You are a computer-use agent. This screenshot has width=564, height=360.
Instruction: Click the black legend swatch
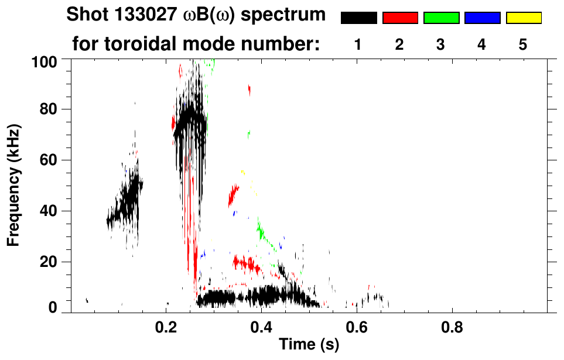click(358, 18)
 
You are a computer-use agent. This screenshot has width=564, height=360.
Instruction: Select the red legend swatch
click(400, 18)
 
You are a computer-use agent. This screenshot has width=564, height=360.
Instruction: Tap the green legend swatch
click(441, 18)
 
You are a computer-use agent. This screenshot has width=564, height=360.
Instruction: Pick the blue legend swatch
click(482, 18)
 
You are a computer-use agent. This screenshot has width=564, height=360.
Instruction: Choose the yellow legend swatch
click(523, 18)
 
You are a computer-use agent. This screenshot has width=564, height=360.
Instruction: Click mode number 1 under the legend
click(358, 45)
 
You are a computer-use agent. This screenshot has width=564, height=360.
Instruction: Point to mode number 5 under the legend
click(523, 45)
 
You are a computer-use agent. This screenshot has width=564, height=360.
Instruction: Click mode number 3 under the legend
click(441, 45)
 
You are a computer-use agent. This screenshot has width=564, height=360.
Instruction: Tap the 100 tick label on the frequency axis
click(44, 61)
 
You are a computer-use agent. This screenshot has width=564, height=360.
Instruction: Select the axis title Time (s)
click(309, 345)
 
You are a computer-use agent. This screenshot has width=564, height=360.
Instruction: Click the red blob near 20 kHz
click(245, 264)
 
